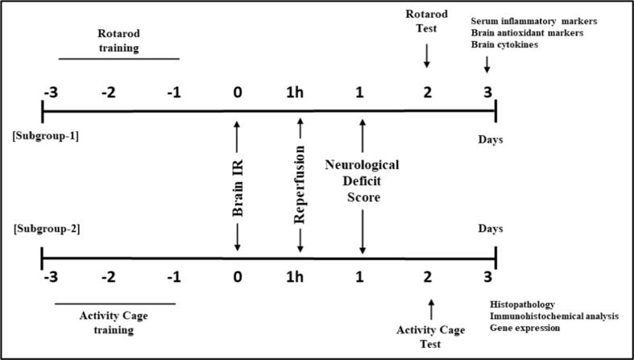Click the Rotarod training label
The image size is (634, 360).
click(118, 40)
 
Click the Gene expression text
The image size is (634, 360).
click(526, 329)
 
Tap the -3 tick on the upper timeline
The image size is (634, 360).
click(48, 90)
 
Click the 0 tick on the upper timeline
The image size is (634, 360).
click(238, 90)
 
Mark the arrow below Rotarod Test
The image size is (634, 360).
click(427, 58)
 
